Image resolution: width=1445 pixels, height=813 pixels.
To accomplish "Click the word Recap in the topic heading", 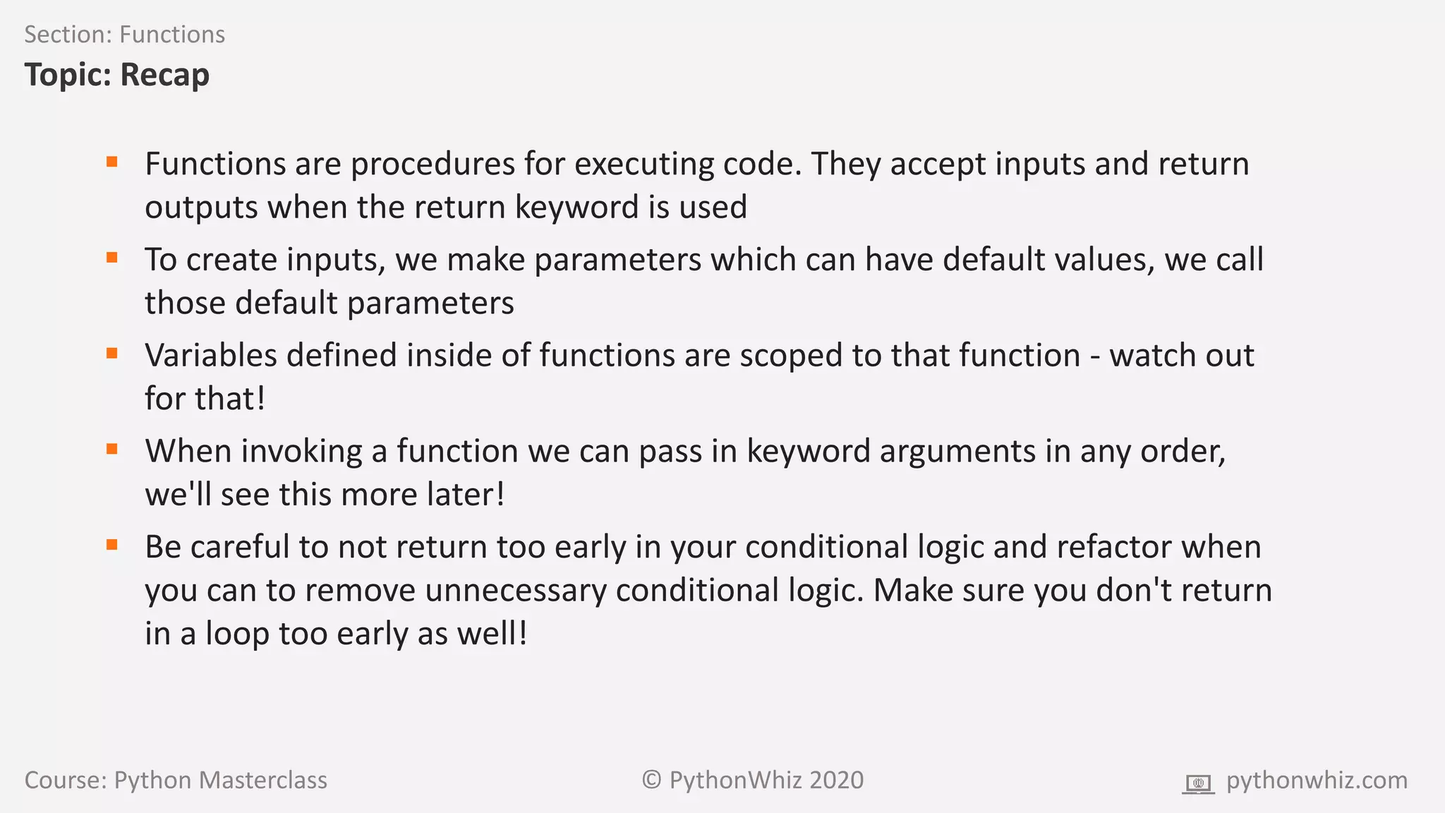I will (164, 75).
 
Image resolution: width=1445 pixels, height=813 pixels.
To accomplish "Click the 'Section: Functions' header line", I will (124, 35).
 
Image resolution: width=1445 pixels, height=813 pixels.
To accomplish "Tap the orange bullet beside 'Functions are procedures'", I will (111, 162).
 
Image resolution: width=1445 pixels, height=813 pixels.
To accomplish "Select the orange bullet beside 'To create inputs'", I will (111, 258).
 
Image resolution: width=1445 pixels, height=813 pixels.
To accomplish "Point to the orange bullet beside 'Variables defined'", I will (111, 353).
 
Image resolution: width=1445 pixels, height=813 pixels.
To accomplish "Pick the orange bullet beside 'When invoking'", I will (111, 449).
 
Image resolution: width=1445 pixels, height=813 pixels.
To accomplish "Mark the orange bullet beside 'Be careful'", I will (111, 544).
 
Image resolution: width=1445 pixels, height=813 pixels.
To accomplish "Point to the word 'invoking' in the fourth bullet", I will (301, 452).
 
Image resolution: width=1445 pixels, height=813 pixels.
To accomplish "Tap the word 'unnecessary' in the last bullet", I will (515, 591).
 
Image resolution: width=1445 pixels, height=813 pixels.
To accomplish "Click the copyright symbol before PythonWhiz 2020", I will (651, 780).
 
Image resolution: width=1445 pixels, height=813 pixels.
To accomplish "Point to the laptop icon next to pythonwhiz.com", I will (1198, 783).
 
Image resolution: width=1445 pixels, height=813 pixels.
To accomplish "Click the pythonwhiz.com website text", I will (1317, 781).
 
